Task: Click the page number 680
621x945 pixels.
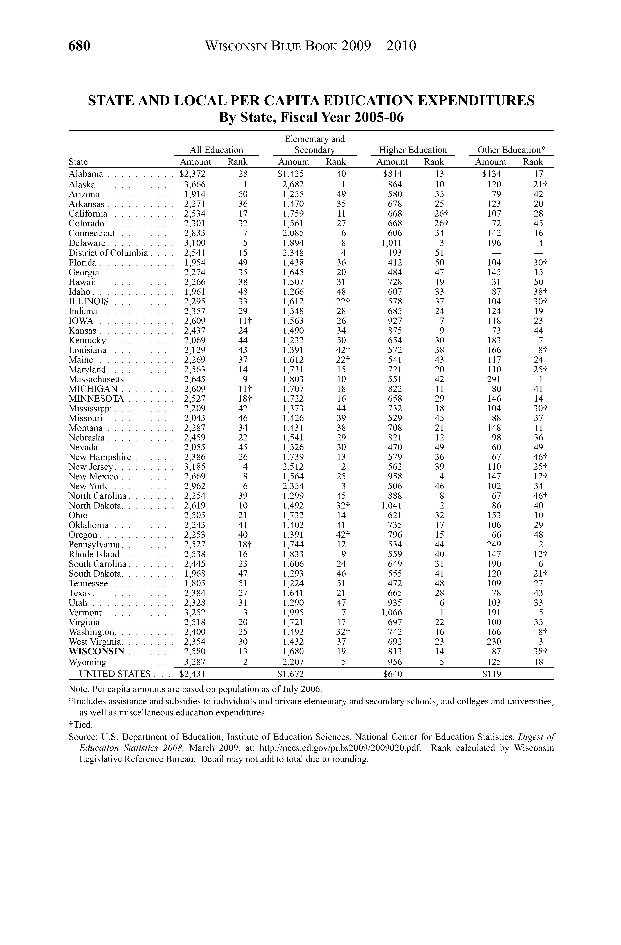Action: pos(79,46)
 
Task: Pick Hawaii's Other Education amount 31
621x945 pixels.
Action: pos(496,282)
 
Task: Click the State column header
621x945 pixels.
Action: pos(78,162)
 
